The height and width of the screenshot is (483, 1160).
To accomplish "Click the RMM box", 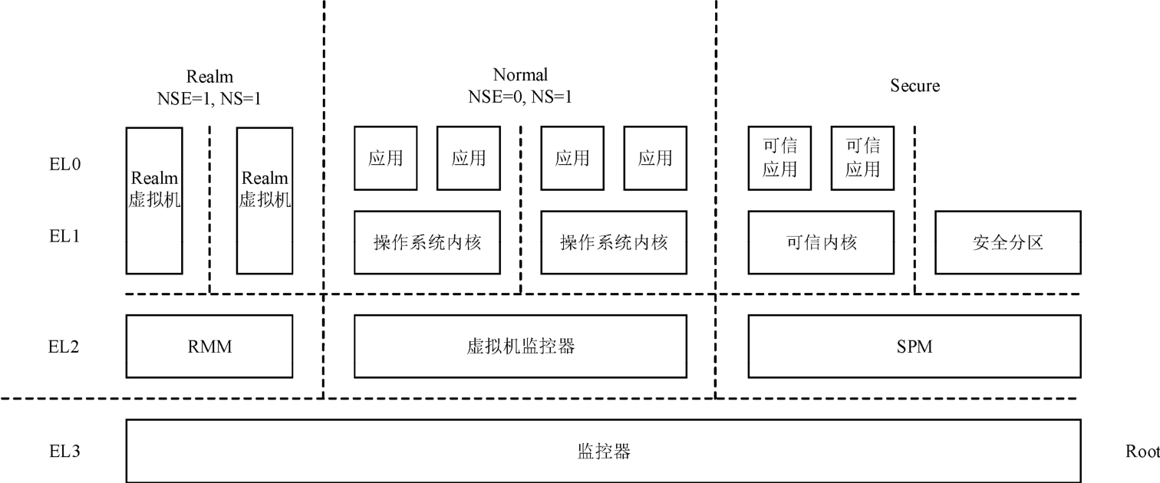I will pyautogui.click(x=209, y=347).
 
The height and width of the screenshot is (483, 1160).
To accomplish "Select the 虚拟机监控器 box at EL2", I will pyautogui.click(x=519, y=347).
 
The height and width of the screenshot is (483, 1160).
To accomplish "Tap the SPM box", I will pyautogui.click(x=914, y=347).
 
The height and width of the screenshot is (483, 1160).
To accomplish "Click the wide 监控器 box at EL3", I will pyautogui.click(x=603, y=451).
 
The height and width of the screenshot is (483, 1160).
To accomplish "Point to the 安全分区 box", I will pyautogui.click(x=1008, y=242).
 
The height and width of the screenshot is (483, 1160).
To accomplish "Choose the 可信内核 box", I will pyautogui.click(x=821, y=242).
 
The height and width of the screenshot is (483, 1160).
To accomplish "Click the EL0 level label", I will pyautogui.click(x=65, y=163).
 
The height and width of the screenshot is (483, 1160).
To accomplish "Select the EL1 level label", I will pyautogui.click(x=65, y=235).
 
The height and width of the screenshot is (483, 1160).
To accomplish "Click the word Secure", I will pyautogui.click(x=914, y=86).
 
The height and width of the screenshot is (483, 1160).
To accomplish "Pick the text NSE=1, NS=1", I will pyautogui.click(x=209, y=97).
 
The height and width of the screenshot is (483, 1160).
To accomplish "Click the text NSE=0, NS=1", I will pyautogui.click(x=520, y=97).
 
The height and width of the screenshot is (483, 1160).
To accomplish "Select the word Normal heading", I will pyautogui.click(x=520, y=75).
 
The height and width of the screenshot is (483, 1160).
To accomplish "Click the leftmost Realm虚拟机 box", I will pyautogui.click(x=154, y=200).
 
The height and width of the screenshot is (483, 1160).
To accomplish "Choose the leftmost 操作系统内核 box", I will pyautogui.click(x=427, y=242).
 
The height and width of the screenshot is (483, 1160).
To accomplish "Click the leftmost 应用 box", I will pyautogui.click(x=385, y=158).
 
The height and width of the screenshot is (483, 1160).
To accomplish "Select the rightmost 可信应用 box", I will pyautogui.click(x=862, y=158).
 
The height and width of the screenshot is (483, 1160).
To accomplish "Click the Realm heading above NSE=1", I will pyautogui.click(x=209, y=77).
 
